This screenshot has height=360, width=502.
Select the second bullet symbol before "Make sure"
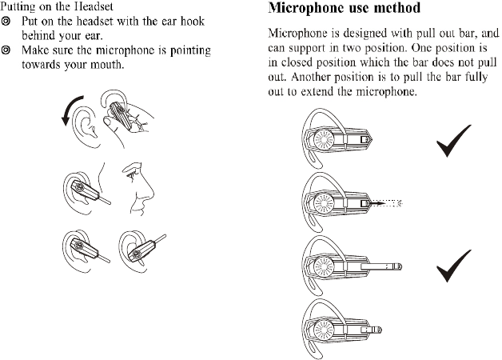click(x=7, y=50)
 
